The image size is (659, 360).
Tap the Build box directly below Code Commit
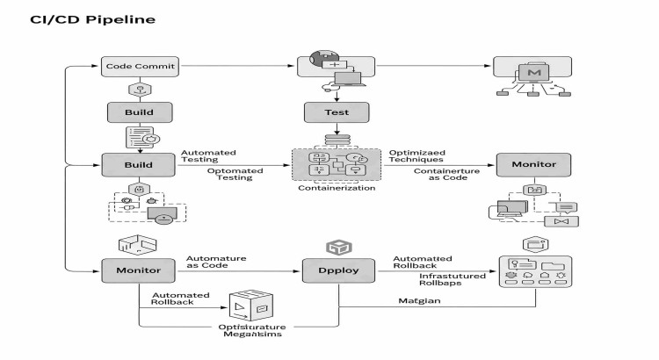(139, 112)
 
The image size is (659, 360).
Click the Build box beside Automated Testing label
(139, 164)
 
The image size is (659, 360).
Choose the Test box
(337, 112)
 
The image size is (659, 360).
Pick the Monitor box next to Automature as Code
(139, 270)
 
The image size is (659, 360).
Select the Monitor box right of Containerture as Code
(533, 164)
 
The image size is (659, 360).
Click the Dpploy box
(338, 270)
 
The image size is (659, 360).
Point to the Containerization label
(337, 188)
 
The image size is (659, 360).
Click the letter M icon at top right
(532, 69)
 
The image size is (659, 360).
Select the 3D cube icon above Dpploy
(337, 248)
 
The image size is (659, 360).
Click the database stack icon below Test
(337, 140)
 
